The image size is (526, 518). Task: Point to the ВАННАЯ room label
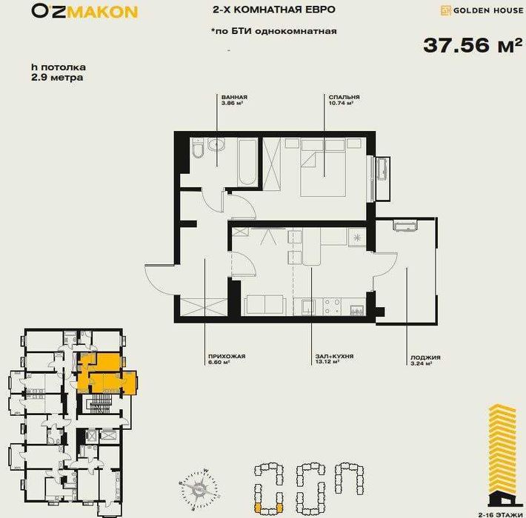pyautogui.click(x=234, y=98)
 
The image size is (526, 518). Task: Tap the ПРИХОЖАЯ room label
pyautogui.click(x=226, y=357)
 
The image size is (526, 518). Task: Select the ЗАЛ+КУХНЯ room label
pyautogui.click(x=333, y=357)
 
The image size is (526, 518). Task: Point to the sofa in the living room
pyautogui.click(x=264, y=305)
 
